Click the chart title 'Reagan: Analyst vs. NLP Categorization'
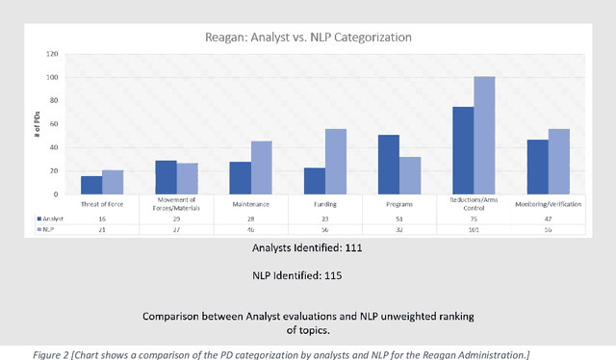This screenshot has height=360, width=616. [x=308, y=38]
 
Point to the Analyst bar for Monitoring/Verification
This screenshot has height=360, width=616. [x=537, y=167]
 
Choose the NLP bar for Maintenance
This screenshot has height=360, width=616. [x=262, y=168]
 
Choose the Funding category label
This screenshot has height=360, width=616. [x=324, y=204]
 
